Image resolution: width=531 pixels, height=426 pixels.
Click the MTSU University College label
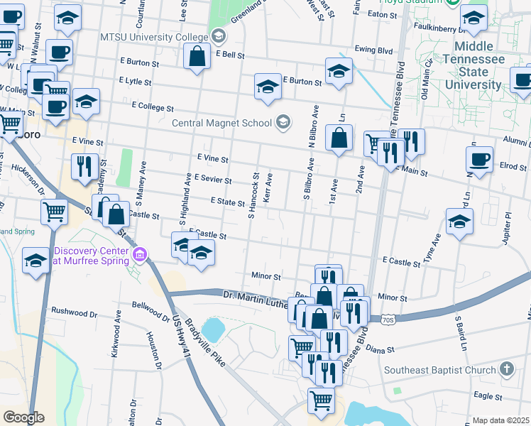click(154, 36)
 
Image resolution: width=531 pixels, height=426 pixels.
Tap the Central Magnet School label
click(221, 122)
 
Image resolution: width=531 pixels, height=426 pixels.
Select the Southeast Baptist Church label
click(439, 370)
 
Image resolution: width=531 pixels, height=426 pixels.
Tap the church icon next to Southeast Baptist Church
click(505, 369)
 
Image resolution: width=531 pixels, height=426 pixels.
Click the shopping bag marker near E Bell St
click(197, 56)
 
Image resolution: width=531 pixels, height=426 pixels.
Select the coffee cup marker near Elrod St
click(480, 159)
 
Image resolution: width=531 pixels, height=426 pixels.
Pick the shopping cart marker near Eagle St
click(321, 400)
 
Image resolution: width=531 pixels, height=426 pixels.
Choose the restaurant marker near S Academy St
click(84, 167)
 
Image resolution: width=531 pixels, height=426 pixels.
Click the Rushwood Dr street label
click(74, 312)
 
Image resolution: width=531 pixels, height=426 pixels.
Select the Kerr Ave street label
click(268, 187)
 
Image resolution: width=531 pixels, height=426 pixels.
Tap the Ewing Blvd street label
click(375, 50)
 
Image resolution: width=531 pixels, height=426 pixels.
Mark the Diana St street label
click(400, 349)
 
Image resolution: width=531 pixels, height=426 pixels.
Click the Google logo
click(23, 417)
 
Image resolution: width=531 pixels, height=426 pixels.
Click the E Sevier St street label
click(212, 180)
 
